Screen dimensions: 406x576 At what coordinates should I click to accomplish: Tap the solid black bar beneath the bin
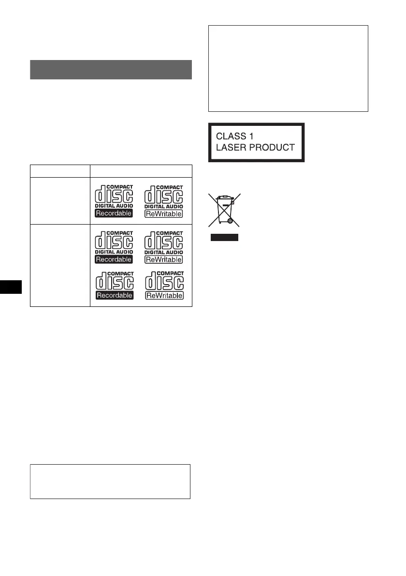[224, 237]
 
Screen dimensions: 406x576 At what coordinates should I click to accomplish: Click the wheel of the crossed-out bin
[231, 220]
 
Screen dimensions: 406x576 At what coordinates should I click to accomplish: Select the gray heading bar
[111, 69]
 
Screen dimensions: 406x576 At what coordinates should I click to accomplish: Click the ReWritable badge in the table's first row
[163, 213]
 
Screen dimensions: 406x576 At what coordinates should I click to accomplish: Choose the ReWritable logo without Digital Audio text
[163, 286]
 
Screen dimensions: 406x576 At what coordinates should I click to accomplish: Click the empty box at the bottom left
[110, 482]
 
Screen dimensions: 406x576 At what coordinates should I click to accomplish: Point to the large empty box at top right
[288, 69]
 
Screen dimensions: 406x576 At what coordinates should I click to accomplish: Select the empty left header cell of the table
[60, 171]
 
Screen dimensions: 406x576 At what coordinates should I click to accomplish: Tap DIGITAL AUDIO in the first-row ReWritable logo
[163, 205]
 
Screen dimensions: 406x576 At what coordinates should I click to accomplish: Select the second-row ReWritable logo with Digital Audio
[163, 246]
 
